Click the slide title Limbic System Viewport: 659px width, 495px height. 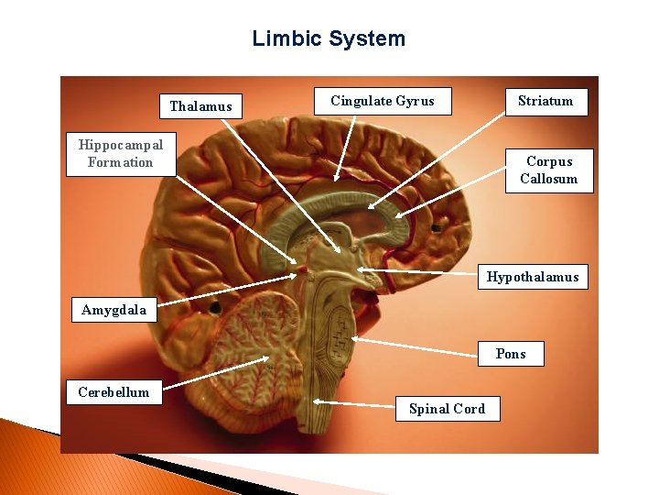[x=329, y=38]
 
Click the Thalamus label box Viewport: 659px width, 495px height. [x=200, y=106]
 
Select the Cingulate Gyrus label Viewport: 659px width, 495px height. [x=383, y=101]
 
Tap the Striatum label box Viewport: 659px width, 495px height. [x=546, y=101]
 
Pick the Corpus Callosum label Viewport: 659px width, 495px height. [x=549, y=170]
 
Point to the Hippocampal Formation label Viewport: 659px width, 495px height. [x=120, y=154]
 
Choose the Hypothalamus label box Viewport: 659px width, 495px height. [x=533, y=277]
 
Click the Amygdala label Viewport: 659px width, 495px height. [x=113, y=310]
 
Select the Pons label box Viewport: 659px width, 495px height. [x=511, y=354]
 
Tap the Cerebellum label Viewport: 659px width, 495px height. [x=113, y=392]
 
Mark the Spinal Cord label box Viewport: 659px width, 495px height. [x=448, y=409]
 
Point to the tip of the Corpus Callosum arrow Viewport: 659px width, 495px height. [x=399, y=215]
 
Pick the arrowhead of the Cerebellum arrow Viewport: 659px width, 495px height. [x=267, y=358]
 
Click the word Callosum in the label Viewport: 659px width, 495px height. [x=549, y=179]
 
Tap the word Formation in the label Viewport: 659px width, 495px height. [x=120, y=163]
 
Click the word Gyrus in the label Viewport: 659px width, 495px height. [x=416, y=101]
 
